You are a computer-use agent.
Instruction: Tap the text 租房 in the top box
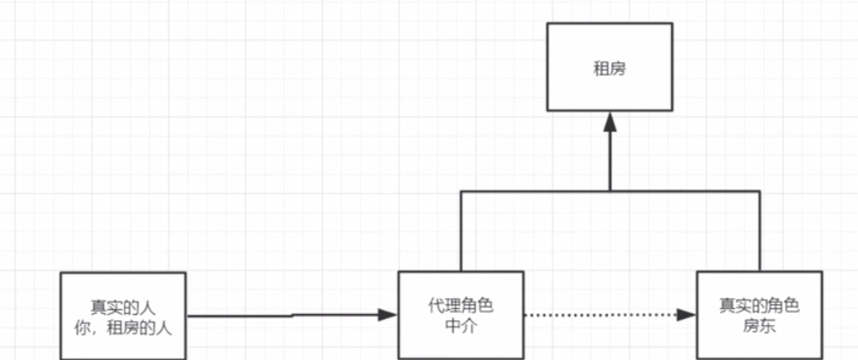pos(609,69)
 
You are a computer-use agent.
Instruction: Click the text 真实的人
pos(122,308)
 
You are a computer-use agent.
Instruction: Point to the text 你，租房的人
pos(122,327)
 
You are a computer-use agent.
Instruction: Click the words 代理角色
pos(461,307)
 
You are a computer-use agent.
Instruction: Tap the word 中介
pos(461,326)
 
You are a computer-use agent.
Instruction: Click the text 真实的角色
pos(759,307)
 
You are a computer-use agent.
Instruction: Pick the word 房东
pos(759,326)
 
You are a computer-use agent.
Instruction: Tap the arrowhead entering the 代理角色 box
pos(388,315)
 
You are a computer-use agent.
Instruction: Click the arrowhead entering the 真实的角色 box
pos(686,315)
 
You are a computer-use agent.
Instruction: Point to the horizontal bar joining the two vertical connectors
pos(534,191)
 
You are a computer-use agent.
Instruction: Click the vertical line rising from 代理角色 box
pos(461,232)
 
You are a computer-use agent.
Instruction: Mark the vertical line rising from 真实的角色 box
pos(760,232)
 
